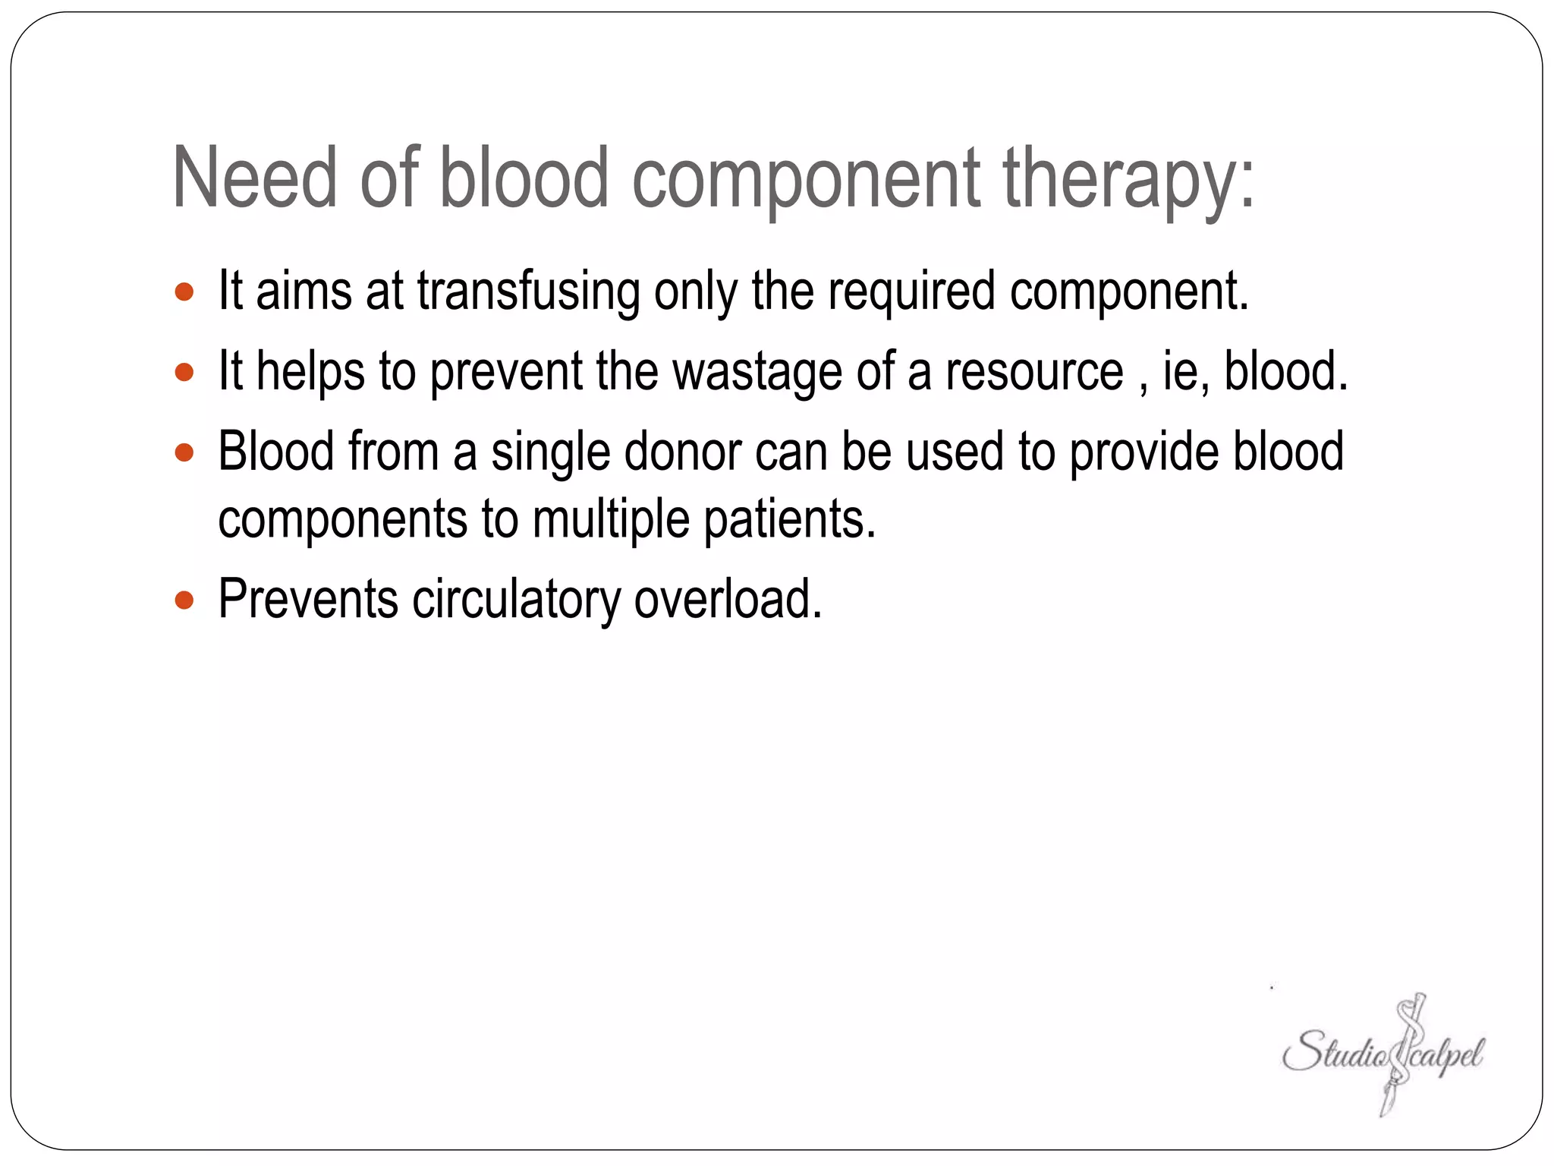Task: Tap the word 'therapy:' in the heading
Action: coord(1129,179)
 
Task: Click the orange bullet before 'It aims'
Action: coord(184,291)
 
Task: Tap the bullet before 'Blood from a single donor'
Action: coord(184,453)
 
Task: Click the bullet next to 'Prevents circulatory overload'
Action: coord(184,600)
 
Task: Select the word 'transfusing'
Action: coord(528,291)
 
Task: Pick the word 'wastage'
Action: coord(757,372)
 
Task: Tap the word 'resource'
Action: coord(1034,372)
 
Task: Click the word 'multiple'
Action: coord(611,521)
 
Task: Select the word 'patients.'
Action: coord(790,521)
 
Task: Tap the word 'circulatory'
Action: coord(516,600)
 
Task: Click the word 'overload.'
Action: coord(728,600)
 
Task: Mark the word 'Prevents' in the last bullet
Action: coord(308,600)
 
